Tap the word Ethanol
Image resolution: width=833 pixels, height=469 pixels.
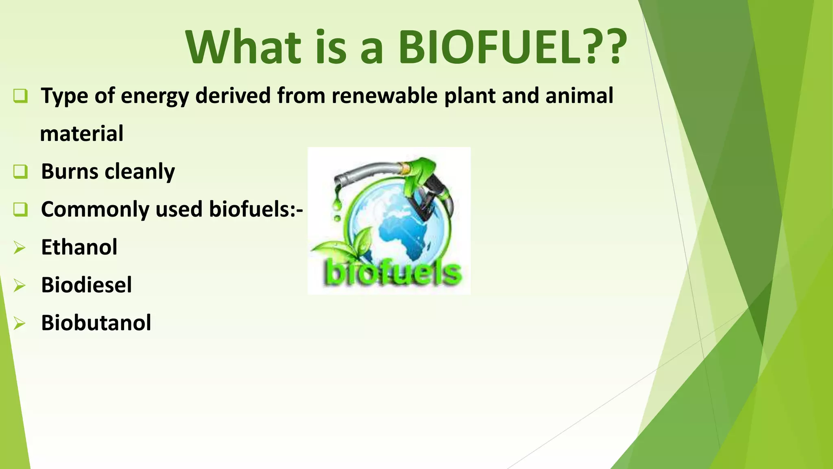pyautogui.click(x=79, y=247)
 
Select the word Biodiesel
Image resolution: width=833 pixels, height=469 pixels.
pyautogui.click(x=86, y=285)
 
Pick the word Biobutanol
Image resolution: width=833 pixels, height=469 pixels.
pyautogui.click(x=96, y=323)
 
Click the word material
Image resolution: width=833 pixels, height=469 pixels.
pyautogui.click(x=82, y=134)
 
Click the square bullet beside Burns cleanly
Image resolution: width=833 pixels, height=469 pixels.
pyautogui.click(x=20, y=171)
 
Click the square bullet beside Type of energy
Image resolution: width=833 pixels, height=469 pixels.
pyautogui.click(x=20, y=96)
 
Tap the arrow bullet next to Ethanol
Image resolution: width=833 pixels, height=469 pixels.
pyautogui.click(x=19, y=248)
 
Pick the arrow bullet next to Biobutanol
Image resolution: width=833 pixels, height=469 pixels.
pyautogui.click(x=19, y=323)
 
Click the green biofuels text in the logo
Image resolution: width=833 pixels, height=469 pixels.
pyautogui.click(x=393, y=273)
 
